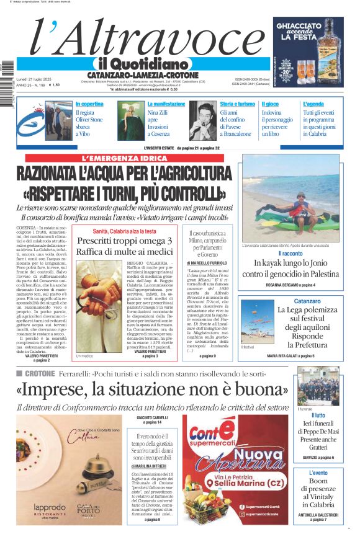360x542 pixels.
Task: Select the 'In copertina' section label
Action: tap(89, 104)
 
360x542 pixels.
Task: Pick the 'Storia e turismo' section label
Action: tap(237, 104)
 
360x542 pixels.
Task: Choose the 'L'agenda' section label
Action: tap(313, 104)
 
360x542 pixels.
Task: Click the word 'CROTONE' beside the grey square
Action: tap(39, 373)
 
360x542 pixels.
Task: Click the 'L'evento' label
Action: tap(318, 473)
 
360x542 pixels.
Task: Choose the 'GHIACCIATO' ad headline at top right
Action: tap(308, 27)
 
